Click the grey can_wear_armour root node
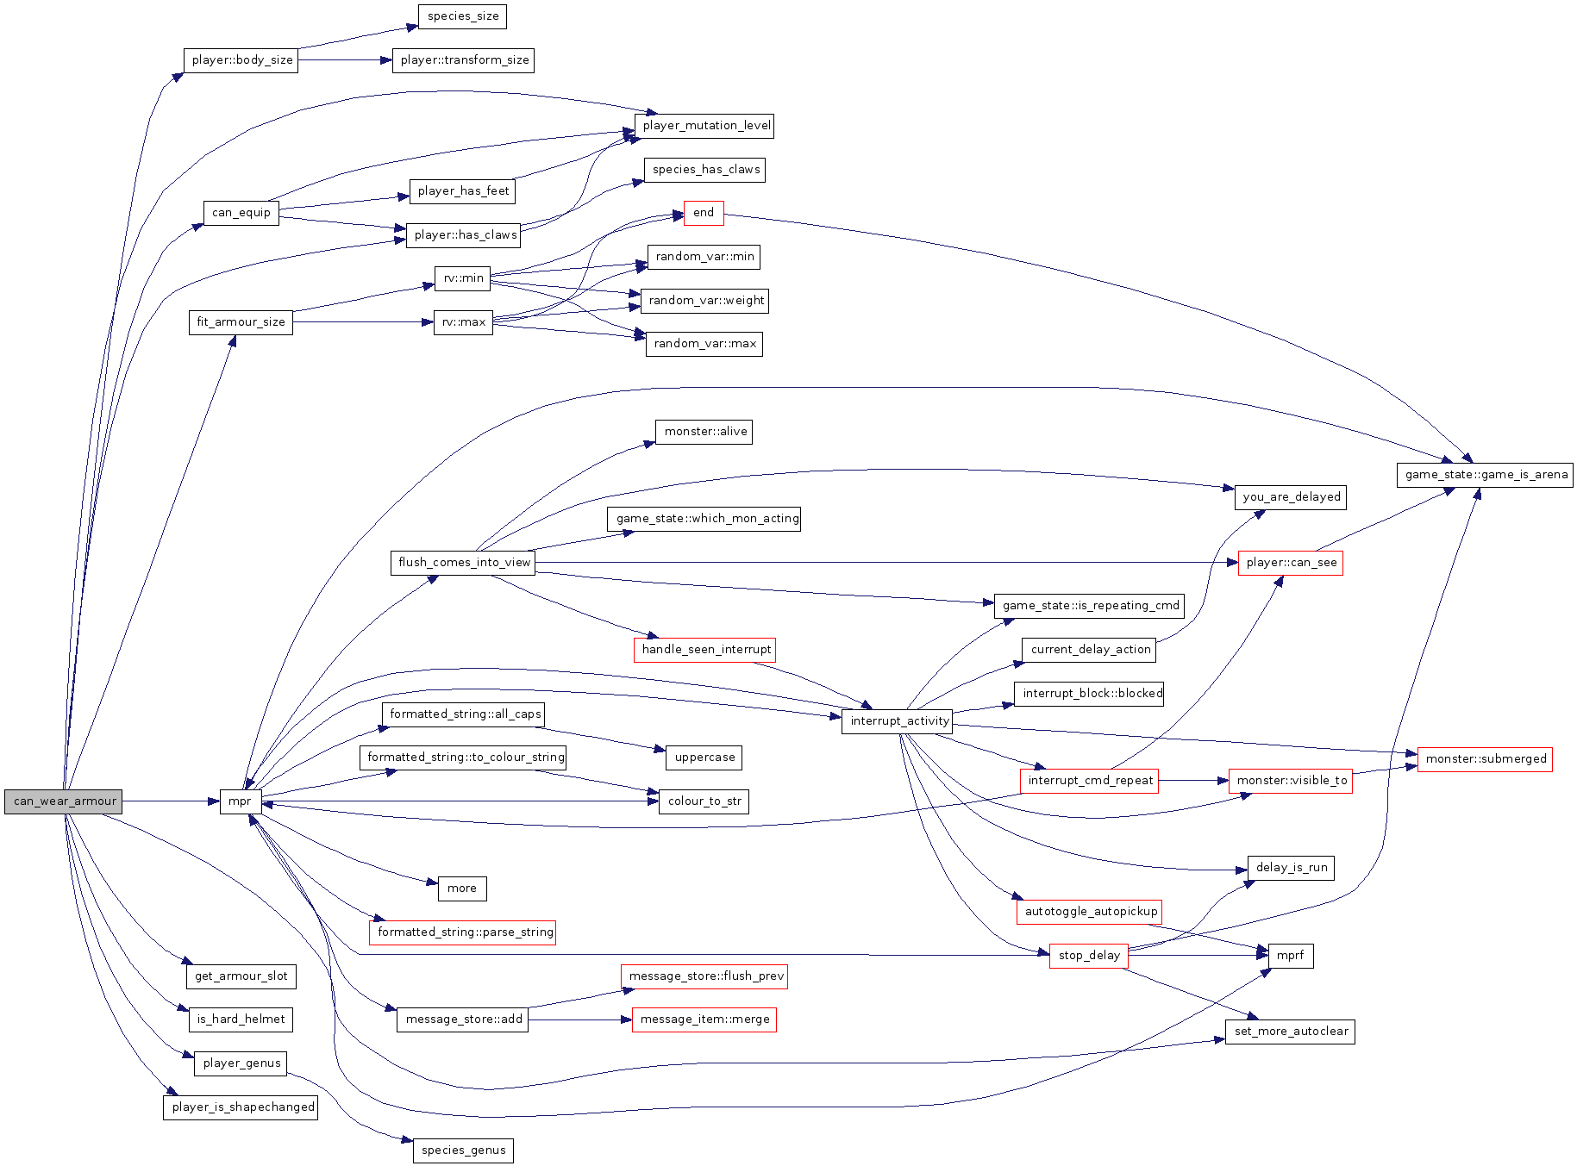[64, 801]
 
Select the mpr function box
[240, 801]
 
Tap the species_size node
[462, 16]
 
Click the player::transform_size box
[464, 60]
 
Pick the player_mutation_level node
[705, 126]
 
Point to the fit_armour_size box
[241, 322]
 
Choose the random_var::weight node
[705, 301]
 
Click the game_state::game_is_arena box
[1485, 475]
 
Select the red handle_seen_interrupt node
[705, 650]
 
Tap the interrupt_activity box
[898, 721]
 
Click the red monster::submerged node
[1485, 759]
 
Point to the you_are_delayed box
[1291, 497]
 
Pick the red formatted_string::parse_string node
[464, 932]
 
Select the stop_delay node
[1088, 956]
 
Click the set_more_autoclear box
[1290, 1032]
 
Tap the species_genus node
[463, 1150]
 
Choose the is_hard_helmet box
[241, 1019]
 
